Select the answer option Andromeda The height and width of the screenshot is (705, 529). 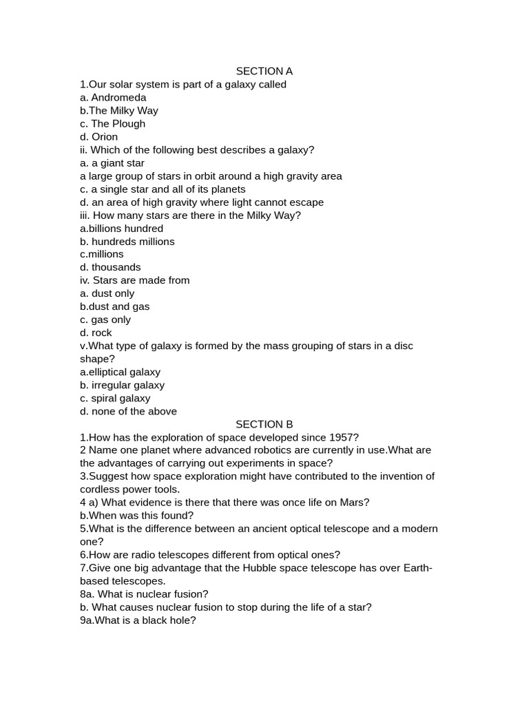118,98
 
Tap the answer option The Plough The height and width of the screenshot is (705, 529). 118,124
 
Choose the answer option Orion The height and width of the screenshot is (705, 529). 105,137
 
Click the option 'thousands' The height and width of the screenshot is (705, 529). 116,267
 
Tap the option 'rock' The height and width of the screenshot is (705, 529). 101,333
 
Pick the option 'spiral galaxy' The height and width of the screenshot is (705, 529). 121,398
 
